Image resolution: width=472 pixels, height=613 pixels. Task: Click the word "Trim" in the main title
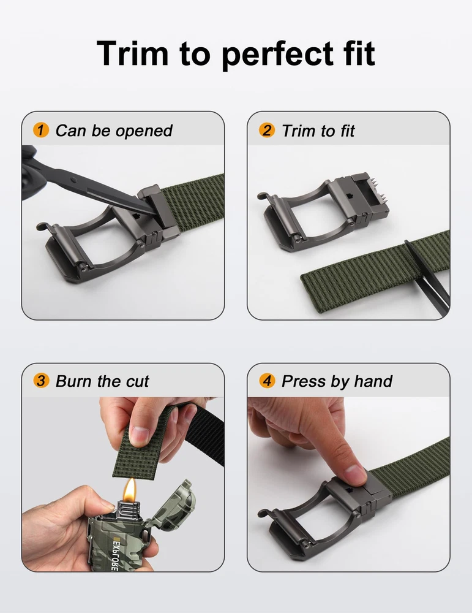coord(132,53)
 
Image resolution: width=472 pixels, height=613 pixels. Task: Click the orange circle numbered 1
coord(41,130)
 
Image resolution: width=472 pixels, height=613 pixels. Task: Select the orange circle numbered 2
coord(267,130)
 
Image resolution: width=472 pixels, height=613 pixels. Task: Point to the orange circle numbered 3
coord(41,381)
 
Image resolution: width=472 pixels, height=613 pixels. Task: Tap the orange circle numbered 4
coord(267,381)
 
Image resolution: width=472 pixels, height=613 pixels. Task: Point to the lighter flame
coord(130,489)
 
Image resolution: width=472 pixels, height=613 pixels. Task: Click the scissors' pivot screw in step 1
coord(74,180)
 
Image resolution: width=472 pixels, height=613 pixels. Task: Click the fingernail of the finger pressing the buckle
coord(354,474)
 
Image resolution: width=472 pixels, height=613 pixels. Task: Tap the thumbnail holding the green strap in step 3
coord(140,436)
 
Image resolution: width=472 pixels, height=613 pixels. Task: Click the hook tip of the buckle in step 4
coord(261,513)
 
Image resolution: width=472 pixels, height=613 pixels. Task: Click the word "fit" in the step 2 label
coord(347,131)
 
